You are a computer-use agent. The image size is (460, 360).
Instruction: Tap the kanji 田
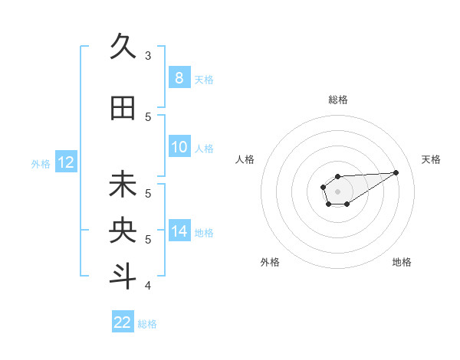[x=123, y=109]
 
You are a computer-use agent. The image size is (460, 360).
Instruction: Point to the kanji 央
[x=123, y=231]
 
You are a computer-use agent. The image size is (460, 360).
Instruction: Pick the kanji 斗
[x=123, y=277]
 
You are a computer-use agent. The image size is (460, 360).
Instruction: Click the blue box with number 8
[x=179, y=77]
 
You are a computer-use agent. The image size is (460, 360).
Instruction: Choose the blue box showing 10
[x=179, y=147]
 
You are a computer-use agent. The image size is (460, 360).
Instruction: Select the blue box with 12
[x=65, y=162]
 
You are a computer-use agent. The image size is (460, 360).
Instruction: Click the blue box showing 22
[x=123, y=322]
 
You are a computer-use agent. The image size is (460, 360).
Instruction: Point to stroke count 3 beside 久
[x=148, y=55]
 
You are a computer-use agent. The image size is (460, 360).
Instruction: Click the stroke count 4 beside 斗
[x=148, y=286]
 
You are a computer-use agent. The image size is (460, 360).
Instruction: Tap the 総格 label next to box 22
[x=147, y=324]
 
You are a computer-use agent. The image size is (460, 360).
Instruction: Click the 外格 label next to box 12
[x=41, y=163]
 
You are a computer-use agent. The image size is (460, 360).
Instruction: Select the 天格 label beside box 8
[x=204, y=79]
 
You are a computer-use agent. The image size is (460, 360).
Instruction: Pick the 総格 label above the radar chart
[x=337, y=100]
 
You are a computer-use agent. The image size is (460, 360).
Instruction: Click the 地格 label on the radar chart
[x=402, y=262]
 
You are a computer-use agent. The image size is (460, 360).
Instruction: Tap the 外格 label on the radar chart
[x=270, y=262]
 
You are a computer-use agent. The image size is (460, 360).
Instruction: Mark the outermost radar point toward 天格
[x=396, y=172]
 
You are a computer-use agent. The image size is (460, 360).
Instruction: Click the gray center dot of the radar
[x=337, y=191]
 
